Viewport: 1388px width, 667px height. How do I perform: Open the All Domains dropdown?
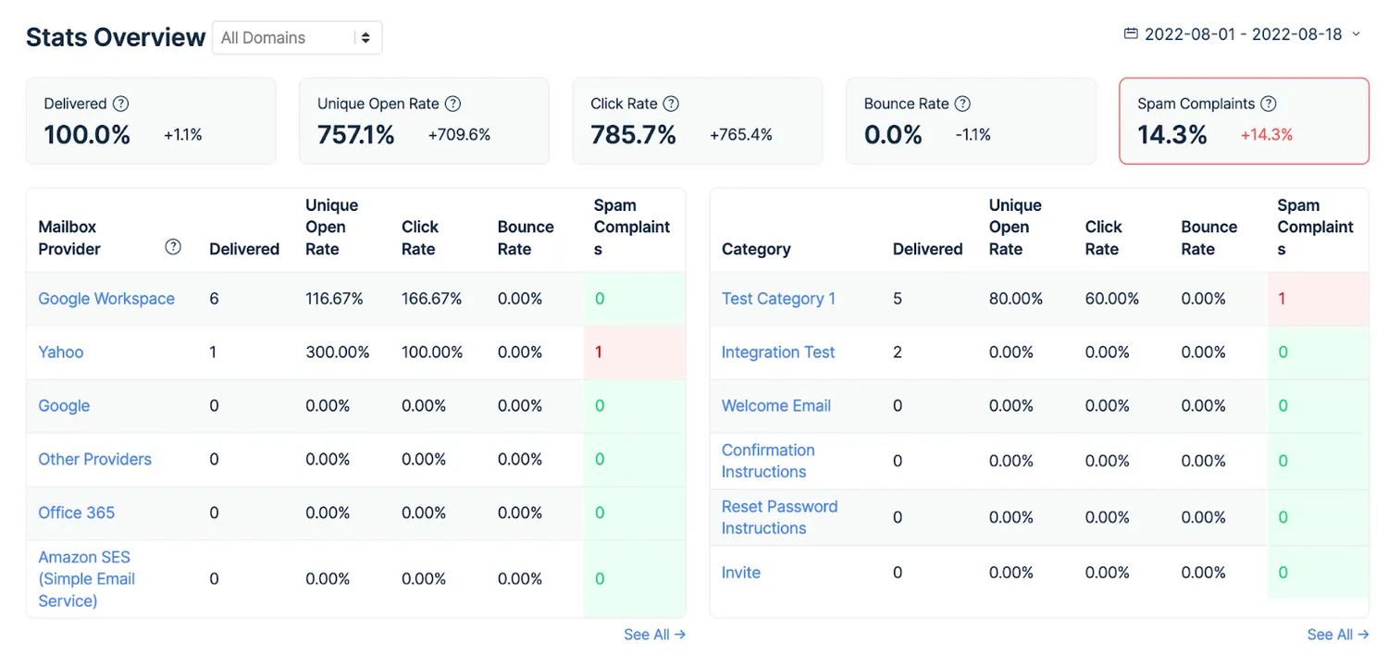point(297,38)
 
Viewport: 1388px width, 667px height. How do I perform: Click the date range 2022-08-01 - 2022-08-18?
point(1243,34)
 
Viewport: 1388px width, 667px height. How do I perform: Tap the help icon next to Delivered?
point(121,104)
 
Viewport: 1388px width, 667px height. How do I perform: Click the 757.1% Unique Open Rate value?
point(355,134)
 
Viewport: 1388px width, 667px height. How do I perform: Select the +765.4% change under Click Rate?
point(740,134)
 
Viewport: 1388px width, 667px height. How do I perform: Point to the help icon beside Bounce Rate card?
point(962,104)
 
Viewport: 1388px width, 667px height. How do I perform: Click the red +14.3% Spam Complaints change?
point(1267,134)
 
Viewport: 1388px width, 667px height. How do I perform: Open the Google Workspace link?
point(106,299)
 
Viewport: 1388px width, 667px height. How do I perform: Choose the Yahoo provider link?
point(61,352)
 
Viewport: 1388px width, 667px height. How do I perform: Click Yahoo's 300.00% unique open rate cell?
point(337,352)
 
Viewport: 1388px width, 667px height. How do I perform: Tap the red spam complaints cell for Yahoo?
point(634,352)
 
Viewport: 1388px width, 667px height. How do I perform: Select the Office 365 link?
point(76,513)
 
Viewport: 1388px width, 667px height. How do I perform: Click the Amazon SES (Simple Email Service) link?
point(86,578)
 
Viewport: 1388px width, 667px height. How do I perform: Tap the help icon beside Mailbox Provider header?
point(173,247)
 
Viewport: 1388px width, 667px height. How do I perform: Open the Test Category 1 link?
point(778,299)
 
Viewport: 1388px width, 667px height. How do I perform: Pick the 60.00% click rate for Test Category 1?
point(1111,299)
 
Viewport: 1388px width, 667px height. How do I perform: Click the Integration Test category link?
point(777,352)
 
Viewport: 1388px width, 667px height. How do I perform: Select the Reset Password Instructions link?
point(779,517)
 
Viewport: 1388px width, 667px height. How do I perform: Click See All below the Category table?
point(1337,635)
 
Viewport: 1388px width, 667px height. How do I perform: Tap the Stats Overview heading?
point(116,37)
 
